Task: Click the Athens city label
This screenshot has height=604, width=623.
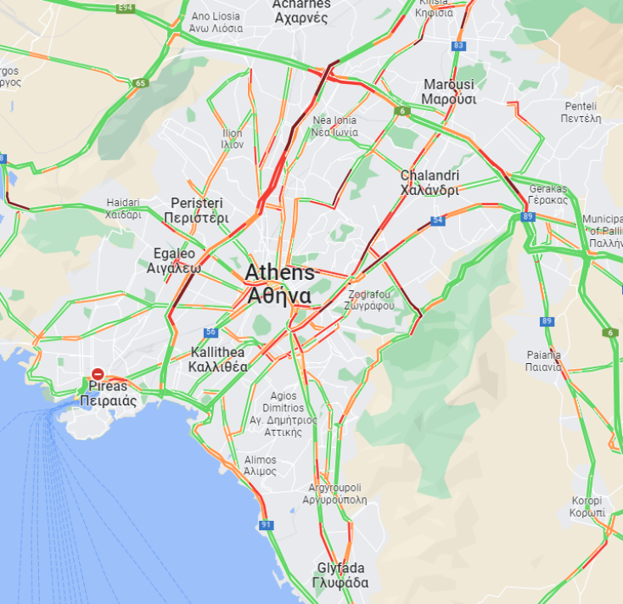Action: tap(279, 284)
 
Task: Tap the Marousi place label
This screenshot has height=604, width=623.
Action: tap(448, 92)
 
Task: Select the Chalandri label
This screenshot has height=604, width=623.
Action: tap(429, 182)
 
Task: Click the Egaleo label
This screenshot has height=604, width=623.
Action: tap(174, 260)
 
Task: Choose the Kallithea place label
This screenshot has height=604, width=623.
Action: tap(218, 360)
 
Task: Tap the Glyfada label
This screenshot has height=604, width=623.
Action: tap(340, 575)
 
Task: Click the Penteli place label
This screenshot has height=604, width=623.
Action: tap(581, 112)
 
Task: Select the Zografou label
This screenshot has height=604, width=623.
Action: tap(370, 299)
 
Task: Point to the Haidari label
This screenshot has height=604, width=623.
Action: tap(124, 209)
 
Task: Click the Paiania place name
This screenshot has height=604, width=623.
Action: tap(542, 361)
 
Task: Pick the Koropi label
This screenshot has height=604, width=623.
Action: tap(587, 506)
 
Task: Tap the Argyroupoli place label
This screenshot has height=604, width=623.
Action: tap(334, 494)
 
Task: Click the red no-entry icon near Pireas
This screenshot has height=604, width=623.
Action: tap(98, 373)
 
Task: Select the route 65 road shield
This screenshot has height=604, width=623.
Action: tap(140, 83)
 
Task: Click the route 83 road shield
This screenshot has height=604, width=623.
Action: tap(459, 46)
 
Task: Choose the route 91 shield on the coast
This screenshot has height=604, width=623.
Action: tap(267, 526)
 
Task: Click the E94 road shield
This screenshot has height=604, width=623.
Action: tap(126, 8)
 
